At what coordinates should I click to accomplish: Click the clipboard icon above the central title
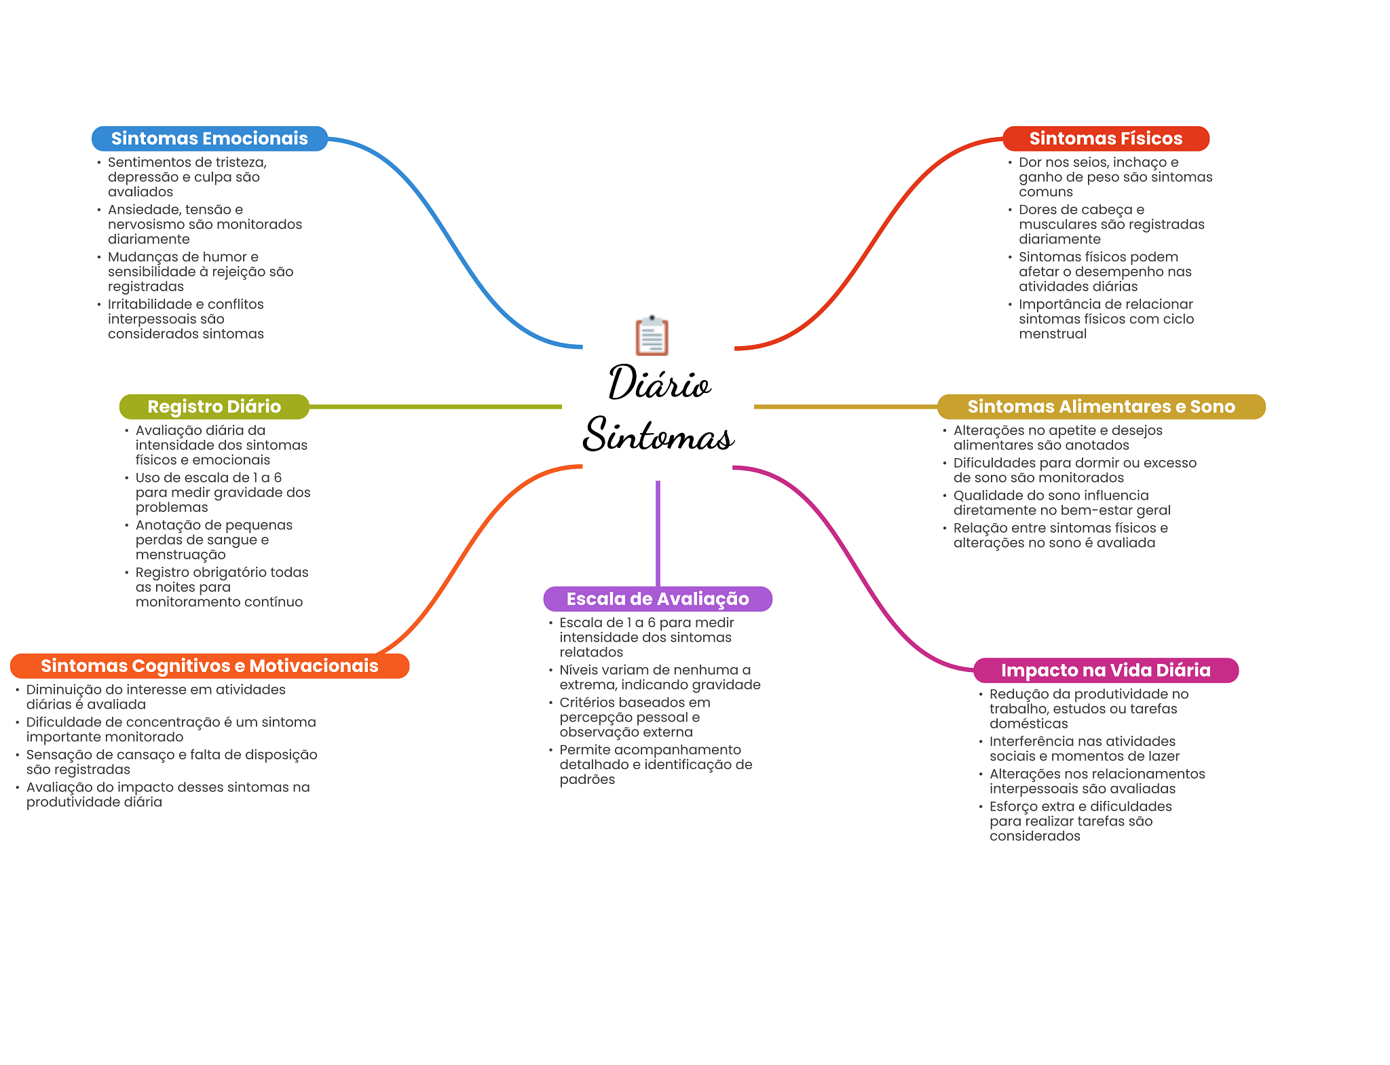point(652,335)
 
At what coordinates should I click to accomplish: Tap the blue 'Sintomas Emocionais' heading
point(210,138)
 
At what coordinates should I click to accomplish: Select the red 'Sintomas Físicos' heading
point(1106,138)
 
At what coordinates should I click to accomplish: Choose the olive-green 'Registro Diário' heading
point(214,407)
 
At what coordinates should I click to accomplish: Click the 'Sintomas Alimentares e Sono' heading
point(1101,407)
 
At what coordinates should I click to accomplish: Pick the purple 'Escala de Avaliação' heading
point(658,599)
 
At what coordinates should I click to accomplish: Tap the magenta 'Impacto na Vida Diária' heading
point(1106,670)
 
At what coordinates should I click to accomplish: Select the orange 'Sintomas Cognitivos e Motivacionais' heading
point(210,666)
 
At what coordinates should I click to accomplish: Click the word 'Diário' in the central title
point(659,383)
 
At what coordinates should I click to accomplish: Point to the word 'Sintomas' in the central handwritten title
point(658,434)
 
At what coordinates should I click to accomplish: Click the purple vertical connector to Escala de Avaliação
point(658,534)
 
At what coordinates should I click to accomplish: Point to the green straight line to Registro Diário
point(435,407)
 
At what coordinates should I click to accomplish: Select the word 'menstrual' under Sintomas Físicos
point(1053,334)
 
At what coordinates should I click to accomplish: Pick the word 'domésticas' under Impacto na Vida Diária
point(1029,724)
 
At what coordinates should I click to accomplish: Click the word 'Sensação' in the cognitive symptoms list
point(56,755)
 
